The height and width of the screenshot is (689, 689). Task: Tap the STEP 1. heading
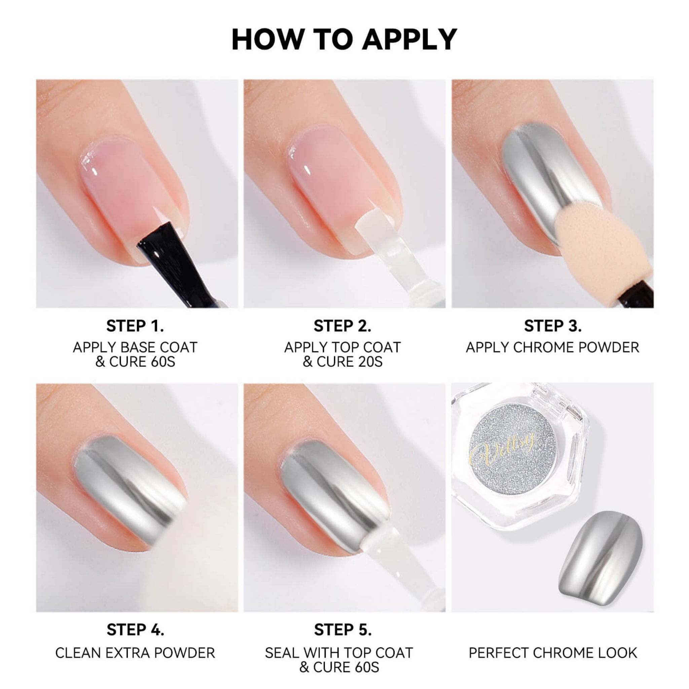[135, 326]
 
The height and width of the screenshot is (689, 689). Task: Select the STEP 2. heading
[342, 326]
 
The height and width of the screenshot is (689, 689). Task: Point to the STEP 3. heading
[552, 326]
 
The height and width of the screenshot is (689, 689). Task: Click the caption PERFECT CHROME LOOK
[552, 653]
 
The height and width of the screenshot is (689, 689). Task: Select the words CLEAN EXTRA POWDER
[135, 653]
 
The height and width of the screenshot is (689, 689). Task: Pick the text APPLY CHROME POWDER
[552, 347]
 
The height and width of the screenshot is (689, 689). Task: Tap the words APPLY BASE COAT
[135, 347]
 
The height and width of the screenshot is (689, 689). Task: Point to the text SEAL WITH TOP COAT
[339, 653]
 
